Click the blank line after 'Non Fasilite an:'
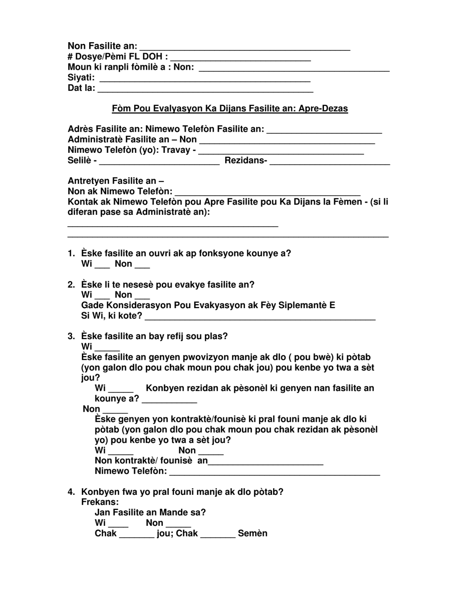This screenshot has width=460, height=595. tap(245, 47)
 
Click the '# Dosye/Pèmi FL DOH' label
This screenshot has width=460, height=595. tap(118, 57)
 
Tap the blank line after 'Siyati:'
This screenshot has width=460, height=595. tap(204, 78)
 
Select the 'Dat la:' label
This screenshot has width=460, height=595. tap(81, 89)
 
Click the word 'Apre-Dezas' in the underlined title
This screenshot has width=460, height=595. tap(326, 109)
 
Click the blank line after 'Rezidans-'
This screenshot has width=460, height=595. tap(329, 162)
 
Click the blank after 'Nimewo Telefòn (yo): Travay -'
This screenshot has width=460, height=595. tap(281, 151)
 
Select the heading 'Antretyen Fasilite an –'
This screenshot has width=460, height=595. tap(116, 181)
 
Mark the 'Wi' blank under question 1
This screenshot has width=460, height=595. tap(102, 265)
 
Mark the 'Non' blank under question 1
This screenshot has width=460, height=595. tap(142, 265)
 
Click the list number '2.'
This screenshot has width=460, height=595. tap(71, 285)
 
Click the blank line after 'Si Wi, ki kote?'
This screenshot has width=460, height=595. tap(260, 317)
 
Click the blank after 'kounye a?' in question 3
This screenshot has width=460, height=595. tap(169, 400)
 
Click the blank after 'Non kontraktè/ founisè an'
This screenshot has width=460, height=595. tap(265, 462)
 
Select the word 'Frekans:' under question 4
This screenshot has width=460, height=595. tap(100, 503)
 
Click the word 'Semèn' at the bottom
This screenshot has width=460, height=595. tap(252, 534)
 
